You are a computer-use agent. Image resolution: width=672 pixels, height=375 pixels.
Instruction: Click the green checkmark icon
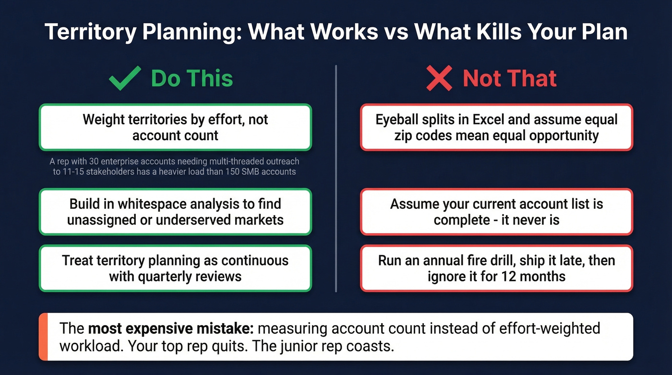click(x=124, y=79)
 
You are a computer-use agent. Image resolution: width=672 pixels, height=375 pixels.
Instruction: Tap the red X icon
click(x=439, y=79)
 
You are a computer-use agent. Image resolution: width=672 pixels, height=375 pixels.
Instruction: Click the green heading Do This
click(x=192, y=79)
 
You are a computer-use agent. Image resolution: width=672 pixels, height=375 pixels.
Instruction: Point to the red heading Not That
click(x=510, y=79)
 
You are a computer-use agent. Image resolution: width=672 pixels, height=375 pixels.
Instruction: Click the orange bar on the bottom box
click(x=43, y=337)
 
